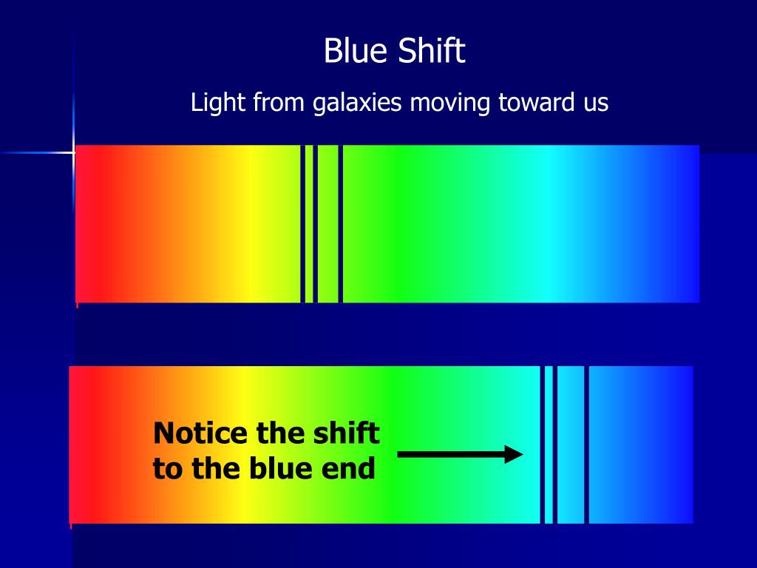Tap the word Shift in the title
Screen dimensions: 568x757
[x=432, y=52]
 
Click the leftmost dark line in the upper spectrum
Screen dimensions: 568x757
[x=302, y=223]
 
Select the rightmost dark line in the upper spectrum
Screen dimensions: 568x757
[x=340, y=223]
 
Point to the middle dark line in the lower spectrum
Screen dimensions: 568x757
[x=554, y=444]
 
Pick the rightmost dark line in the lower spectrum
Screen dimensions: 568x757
[x=586, y=444]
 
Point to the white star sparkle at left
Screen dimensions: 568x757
[x=74, y=152]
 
